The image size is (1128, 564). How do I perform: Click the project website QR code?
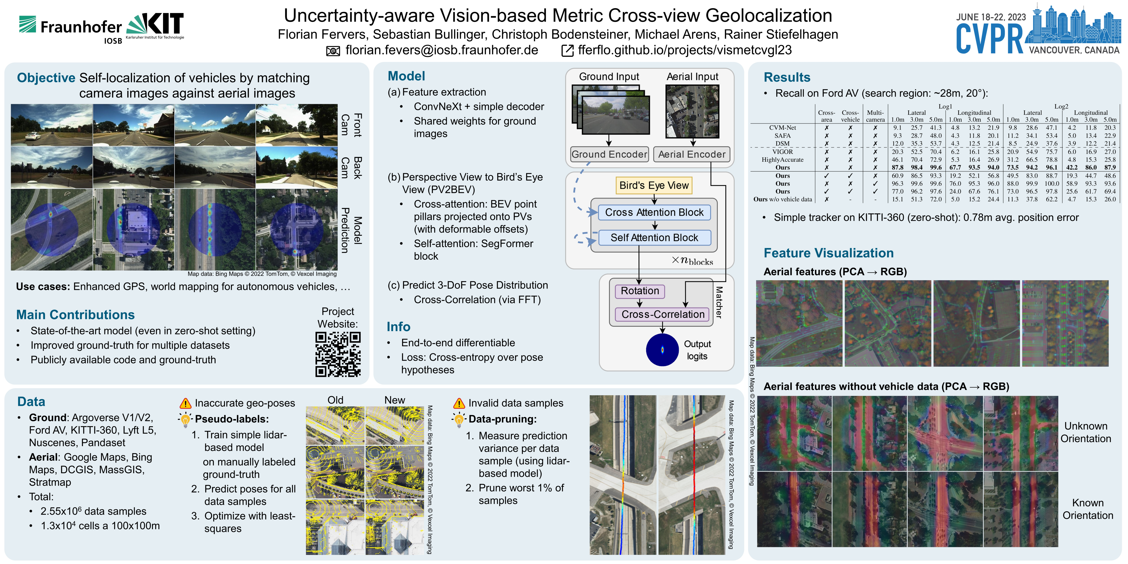(x=338, y=354)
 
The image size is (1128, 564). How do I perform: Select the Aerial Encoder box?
(x=692, y=154)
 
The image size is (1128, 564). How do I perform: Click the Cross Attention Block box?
(x=654, y=212)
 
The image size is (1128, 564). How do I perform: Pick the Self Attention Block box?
(x=654, y=238)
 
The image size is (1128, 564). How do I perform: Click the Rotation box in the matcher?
(x=640, y=291)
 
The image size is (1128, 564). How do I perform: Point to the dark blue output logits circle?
(x=662, y=350)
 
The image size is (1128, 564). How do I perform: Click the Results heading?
(x=787, y=78)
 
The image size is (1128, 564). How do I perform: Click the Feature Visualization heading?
(x=828, y=253)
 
